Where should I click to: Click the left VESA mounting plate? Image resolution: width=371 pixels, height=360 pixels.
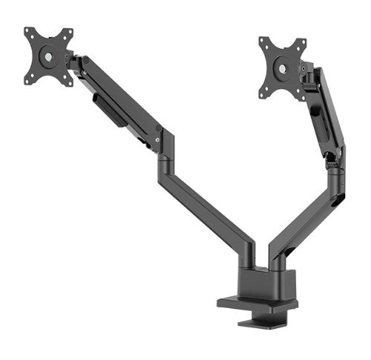pyautogui.click(x=49, y=56)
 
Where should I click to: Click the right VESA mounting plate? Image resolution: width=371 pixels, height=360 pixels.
pyautogui.click(x=282, y=68)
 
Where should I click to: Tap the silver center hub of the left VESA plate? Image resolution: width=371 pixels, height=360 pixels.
pyautogui.click(x=49, y=56)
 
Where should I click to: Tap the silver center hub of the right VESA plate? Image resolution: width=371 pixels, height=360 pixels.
pyautogui.click(x=282, y=69)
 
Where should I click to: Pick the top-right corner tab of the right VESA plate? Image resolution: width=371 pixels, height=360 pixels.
pyautogui.click(x=302, y=42)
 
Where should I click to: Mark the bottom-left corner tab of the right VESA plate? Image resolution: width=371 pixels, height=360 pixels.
pyautogui.click(x=263, y=94)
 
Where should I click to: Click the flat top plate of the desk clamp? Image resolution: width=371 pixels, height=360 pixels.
pyautogui.click(x=256, y=302)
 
